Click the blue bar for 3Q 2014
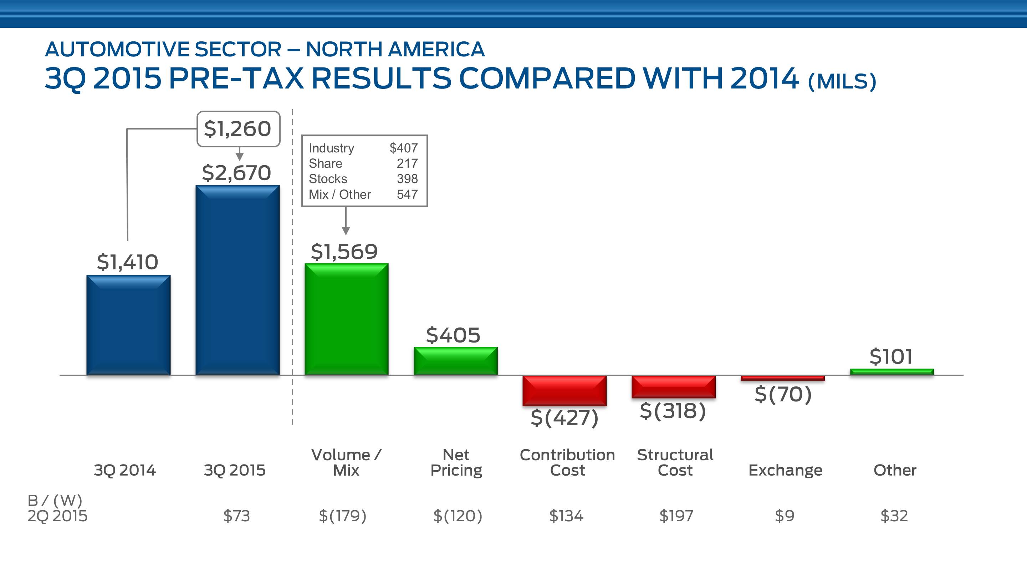[x=128, y=325]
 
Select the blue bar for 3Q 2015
[x=237, y=280]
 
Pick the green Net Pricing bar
[x=456, y=361]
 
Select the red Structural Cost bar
[x=674, y=386]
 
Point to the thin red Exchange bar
[x=783, y=378]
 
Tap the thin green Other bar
[x=892, y=372]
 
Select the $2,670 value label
[x=236, y=173]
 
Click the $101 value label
[x=891, y=356]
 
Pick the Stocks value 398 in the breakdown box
[x=407, y=179]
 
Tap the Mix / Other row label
[x=340, y=194]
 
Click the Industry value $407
[x=403, y=148]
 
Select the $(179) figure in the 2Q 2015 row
[x=342, y=516]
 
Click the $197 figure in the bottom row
[x=676, y=516]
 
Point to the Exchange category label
[x=785, y=470]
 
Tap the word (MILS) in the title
[x=842, y=81]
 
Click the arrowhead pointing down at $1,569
[x=346, y=230]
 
